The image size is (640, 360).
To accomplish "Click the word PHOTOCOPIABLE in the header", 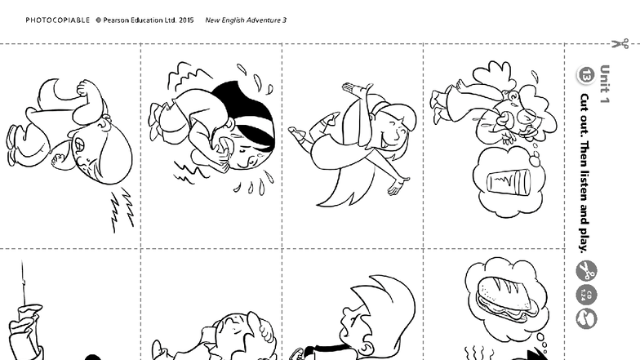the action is [x=57, y=20].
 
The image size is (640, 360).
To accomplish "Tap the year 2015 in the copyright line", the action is [x=186, y=20].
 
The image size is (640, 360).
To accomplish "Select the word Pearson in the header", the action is [x=116, y=20].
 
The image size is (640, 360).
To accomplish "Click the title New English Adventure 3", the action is [x=246, y=20].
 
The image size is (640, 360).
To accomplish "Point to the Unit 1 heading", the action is [x=604, y=84].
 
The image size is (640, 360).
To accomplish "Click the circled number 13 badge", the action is [x=586, y=75].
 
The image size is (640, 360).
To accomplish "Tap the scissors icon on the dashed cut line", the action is [x=620, y=43].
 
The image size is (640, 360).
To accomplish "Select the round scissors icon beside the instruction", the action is [x=586, y=271].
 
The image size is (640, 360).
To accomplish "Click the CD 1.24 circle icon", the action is [x=586, y=295].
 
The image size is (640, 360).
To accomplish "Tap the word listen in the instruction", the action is [x=584, y=185].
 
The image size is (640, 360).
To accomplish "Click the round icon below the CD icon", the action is [x=586, y=318].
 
